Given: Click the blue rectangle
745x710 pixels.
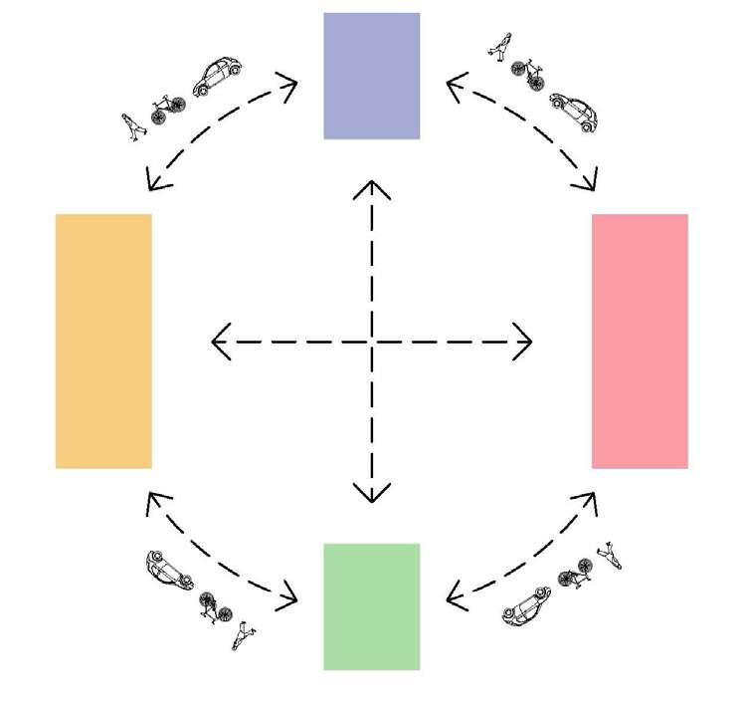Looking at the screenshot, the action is [x=371, y=76].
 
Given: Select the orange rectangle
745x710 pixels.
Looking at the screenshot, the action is [x=103, y=341].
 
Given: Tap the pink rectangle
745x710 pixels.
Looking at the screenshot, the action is [x=640, y=341].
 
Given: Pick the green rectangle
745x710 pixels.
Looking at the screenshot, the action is [x=371, y=605].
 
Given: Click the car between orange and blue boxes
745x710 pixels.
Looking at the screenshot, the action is [x=218, y=77].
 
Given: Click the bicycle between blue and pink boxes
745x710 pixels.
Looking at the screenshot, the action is [x=526, y=72].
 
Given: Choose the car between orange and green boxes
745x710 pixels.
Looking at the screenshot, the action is [x=167, y=570].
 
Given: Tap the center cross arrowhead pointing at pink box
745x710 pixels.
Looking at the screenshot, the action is [x=526, y=342].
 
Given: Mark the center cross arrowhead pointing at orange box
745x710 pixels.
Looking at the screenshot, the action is [x=219, y=342].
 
